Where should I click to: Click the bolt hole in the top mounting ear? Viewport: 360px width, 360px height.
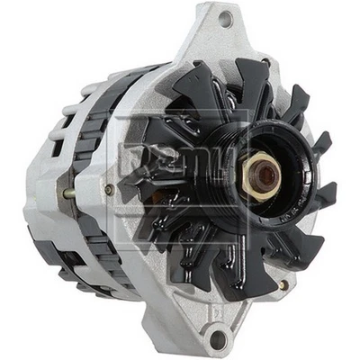tap(225, 19)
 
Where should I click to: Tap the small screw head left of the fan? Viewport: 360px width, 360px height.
tap(109, 190)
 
